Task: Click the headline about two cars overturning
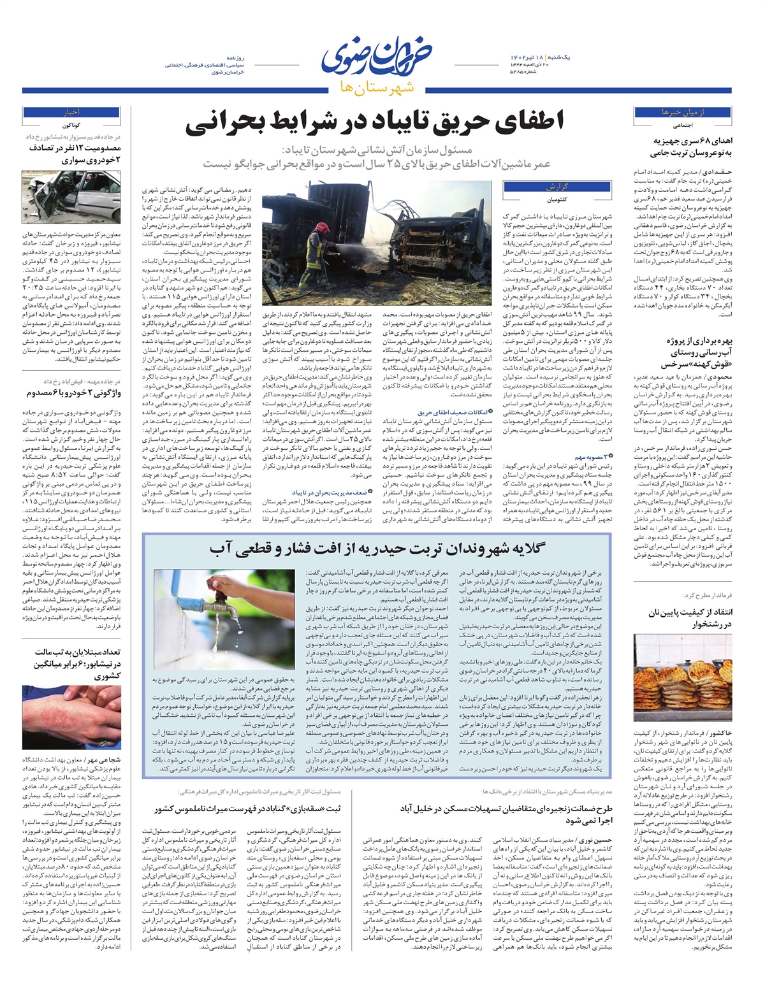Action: [x=74, y=393]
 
